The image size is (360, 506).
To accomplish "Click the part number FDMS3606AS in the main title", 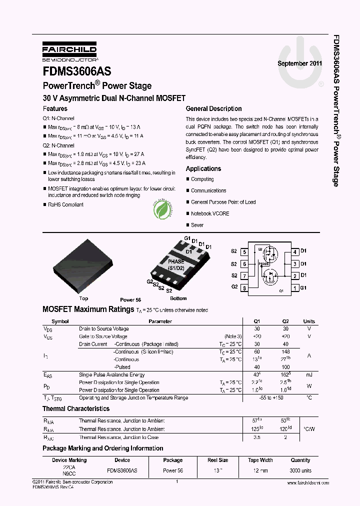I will (77, 71).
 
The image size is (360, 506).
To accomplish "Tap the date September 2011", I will (299, 64).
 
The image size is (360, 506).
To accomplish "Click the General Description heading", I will (213, 108).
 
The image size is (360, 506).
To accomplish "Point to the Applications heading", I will (203, 169).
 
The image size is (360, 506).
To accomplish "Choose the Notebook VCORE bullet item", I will (210, 213).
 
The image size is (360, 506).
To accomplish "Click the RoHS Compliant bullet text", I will (65, 204).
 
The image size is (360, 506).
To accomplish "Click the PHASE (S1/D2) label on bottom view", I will (176, 265).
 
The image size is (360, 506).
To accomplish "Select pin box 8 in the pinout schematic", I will (244, 287).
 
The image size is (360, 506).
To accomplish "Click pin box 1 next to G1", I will (295, 287).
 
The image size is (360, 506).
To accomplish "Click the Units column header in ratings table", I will (309, 321).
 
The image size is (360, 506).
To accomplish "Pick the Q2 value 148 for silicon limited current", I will (285, 351).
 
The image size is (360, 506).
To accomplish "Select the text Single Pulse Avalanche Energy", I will (112, 374).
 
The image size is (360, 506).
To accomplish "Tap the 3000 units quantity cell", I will (300, 471).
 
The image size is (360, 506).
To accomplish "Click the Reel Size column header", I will (218, 460).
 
